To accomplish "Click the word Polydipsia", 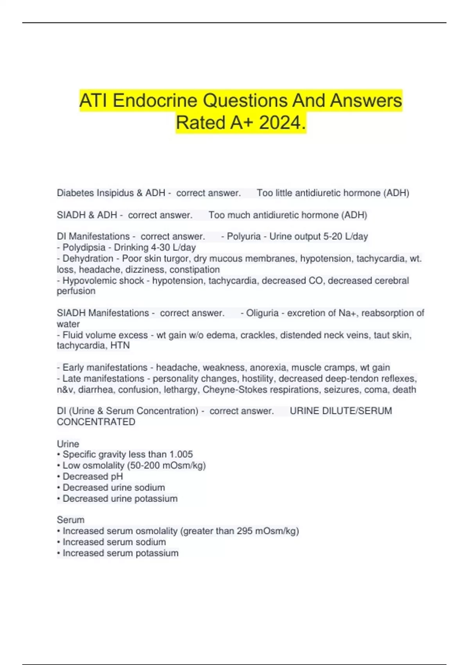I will (84, 247).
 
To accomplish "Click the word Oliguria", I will (262, 313).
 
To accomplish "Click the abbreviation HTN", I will (120, 345).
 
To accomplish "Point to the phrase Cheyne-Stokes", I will (234, 390).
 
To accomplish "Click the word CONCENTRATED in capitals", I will (96, 422).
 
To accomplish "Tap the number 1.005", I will (181, 454).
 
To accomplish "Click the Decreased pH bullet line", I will (93, 476).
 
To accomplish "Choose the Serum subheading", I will (71, 520).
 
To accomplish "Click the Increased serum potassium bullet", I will (120, 553).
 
